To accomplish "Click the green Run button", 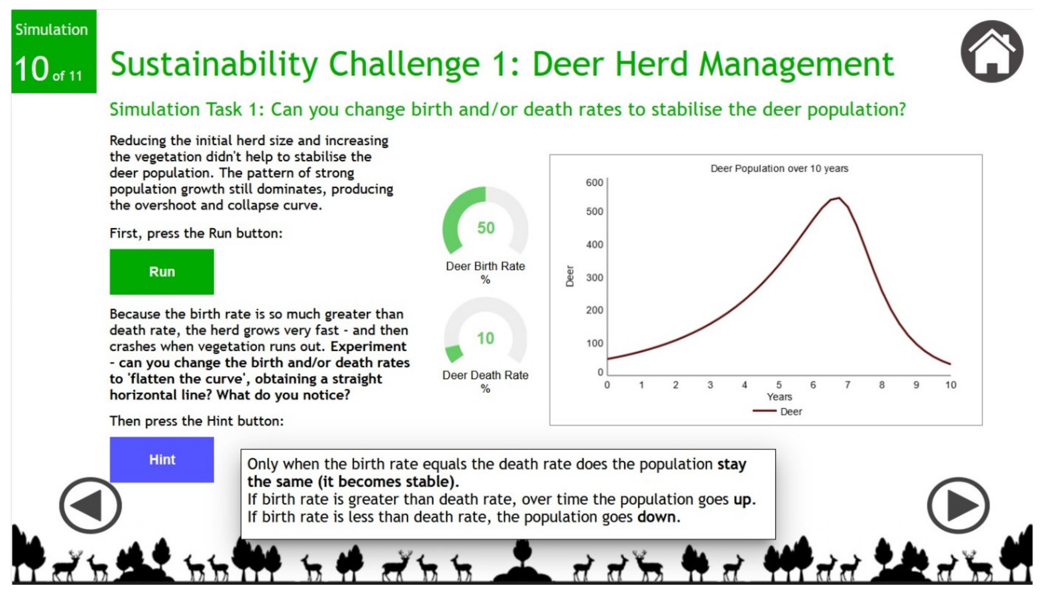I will click(x=162, y=272).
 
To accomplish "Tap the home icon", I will click(x=992, y=51).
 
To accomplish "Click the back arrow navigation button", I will click(x=90, y=505).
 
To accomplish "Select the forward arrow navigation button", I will click(x=958, y=505).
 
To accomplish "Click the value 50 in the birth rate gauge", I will click(x=486, y=228).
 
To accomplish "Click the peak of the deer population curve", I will click(x=839, y=198).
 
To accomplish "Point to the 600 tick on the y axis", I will click(x=594, y=182).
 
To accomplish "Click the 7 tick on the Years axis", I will click(x=848, y=385).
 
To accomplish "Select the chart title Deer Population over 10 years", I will click(x=779, y=169).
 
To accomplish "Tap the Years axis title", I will click(x=779, y=397).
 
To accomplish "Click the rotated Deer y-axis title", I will click(x=570, y=276).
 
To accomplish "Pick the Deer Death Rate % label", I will click(x=485, y=381).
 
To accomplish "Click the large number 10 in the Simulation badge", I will click(x=32, y=69).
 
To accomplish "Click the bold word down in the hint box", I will click(x=656, y=517).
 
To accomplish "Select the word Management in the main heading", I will click(x=796, y=64).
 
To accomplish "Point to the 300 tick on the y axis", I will click(x=594, y=277).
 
